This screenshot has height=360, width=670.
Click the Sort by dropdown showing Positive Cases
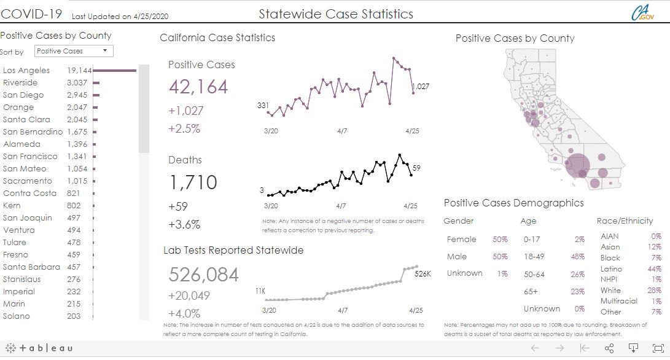tap(74, 51)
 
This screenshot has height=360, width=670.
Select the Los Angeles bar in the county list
tap(115, 70)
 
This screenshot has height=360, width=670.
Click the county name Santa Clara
tap(26, 119)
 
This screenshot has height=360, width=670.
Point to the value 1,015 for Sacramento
tap(77, 181)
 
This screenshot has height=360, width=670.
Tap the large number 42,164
tap(198, 87)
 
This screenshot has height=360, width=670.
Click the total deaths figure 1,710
tap(193, 182)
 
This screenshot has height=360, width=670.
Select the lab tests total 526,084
tap(203, 274)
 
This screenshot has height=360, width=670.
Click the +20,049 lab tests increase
tap(189, 295)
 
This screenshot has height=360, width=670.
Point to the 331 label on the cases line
tap(263, 106)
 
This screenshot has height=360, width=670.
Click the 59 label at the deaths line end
tap(416, 168)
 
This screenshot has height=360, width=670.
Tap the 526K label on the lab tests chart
tap(423, 274)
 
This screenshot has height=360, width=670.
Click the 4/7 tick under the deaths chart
tap(341, 206)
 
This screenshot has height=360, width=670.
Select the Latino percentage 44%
tap(654, 268)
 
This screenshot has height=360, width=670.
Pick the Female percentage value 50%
tap(500, 240)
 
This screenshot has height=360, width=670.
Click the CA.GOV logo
tap(642, 14)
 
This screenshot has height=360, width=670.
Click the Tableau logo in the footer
tap(39, 348)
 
